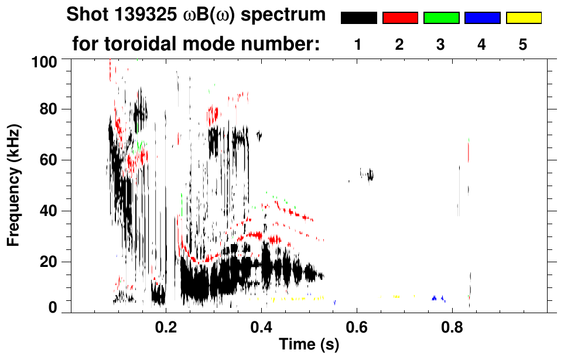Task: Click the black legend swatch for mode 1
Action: tap(358, 18)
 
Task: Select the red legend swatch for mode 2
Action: tap(400, 18)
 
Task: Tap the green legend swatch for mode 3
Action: tap(441, 18)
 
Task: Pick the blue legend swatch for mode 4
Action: tap(482, 18)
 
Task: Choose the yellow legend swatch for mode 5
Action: tap(524, 18)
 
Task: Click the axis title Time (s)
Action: tap(308, 345)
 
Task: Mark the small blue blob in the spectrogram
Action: tap(436, 298)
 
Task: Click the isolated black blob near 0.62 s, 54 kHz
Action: tap(367, 174)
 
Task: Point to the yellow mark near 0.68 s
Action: tap(396, 297)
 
